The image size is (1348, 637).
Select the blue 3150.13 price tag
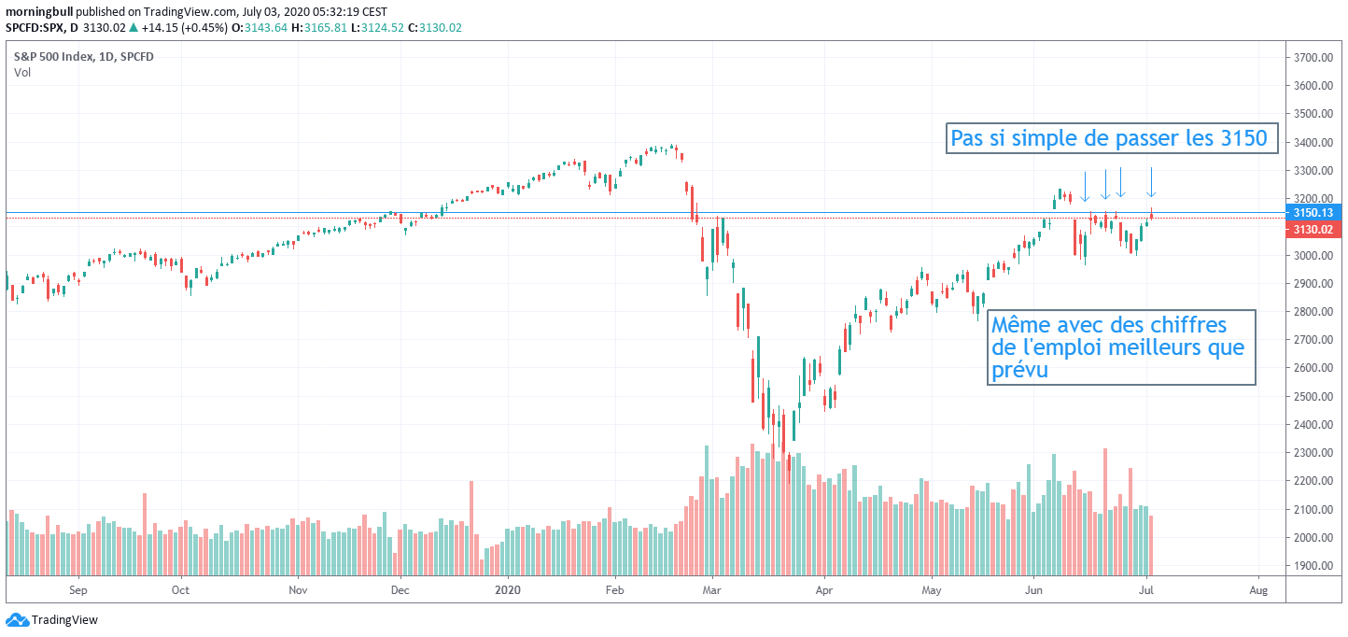tap(1313, 213)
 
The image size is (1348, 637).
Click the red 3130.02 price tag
tap(1313, 229)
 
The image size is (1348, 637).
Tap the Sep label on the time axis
tap(77, 590)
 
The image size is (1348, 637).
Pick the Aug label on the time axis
tap(1257, 590)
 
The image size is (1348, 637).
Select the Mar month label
tap(712, 590)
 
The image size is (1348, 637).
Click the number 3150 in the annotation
tap(1243, 139)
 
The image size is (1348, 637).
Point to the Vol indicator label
tap(21, 73)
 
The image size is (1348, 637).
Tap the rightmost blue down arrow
tap(1151, 182)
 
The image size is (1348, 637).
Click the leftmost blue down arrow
tap(1085, 186)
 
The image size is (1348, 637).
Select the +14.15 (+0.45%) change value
tap(183, 28)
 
